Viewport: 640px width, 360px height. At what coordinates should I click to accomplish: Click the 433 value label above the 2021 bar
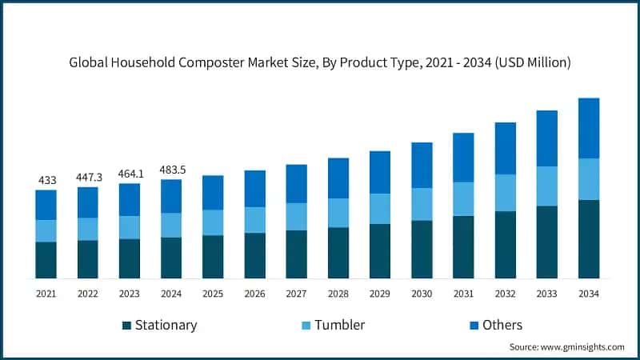click(x=47, y=180)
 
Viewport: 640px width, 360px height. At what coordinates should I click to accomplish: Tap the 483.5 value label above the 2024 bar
click(x=173, y=170)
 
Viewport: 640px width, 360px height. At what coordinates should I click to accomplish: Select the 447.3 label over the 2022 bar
click(x=89, y=178)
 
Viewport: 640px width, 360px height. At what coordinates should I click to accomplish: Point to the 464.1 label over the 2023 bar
click(x=130, y=174)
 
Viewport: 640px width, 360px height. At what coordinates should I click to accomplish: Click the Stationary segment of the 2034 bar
click(x=589, y=239)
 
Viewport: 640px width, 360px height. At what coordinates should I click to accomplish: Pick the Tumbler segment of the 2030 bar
click(x=422, y=205)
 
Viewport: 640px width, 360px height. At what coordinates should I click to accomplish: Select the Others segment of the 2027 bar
click(x=296, y=184)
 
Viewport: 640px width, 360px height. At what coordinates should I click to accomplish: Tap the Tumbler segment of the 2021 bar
click(x=46, y=231)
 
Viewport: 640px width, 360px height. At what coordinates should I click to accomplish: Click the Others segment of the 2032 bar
click(x=506, y=149)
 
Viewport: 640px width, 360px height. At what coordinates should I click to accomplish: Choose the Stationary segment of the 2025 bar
click(x=213, y=257)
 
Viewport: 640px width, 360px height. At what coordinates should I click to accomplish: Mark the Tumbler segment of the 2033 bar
click(x=547, y=186)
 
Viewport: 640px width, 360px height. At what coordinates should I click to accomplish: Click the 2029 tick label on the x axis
click(x=379, y=294)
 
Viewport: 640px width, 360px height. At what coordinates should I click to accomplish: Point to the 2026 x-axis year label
click(x=254, y=294)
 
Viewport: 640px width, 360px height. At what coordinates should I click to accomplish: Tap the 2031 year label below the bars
click(x=463, y=294)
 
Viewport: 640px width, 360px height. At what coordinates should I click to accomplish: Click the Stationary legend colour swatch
click(x=127, y=326)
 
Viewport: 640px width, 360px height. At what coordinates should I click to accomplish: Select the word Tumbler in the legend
click(x=339, y=325)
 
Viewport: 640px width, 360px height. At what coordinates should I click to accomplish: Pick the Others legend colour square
click(x=474, y=326)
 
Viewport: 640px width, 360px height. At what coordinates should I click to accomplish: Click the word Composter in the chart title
click(x=211, y=63)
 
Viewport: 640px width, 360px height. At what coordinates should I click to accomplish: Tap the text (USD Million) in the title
click(x=533, y=62)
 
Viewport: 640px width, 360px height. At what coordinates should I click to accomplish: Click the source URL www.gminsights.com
click(x=582, y=347)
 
